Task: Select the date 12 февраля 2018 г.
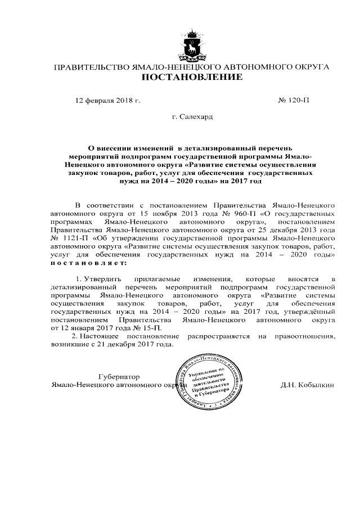click(x=107, y=101)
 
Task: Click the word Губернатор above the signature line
click(x=118, y=376)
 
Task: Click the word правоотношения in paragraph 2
click(x=304, y=336)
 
